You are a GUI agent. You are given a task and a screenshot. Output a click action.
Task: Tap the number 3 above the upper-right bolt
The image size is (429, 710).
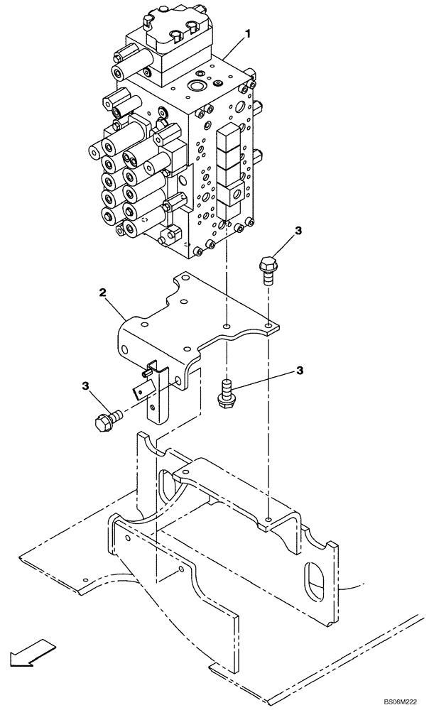(x=298, y=231)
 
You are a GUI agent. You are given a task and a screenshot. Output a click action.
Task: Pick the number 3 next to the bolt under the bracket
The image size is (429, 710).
(x=300, y=370)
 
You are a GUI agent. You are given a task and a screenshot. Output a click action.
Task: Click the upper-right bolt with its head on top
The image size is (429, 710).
(x=268, y=271)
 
